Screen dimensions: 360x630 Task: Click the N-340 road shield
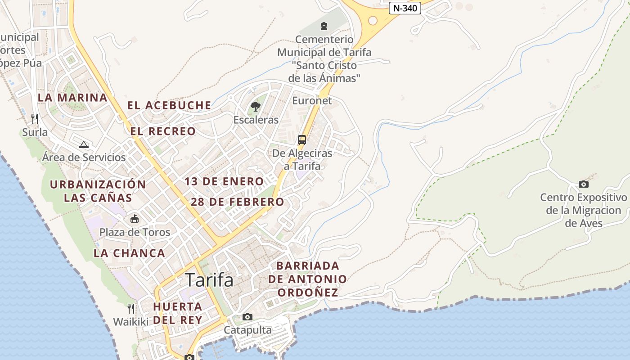click(405, 8)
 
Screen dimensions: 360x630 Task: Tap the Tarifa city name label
click(209, 280)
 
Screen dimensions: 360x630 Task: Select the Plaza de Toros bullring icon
click(134, 219)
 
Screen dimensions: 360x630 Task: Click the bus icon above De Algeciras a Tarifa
click(302, 139)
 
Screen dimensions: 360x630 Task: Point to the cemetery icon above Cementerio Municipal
click(324, 26)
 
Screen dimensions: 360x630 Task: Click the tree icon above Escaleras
click(256, 107)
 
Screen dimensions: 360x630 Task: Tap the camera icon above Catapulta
click(247, 317)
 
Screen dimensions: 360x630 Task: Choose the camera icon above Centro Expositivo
click(584, 184)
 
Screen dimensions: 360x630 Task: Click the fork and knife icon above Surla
click(35, 119)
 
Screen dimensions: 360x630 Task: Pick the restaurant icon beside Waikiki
click(130, 309)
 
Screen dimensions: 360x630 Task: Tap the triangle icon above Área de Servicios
click(83, 144)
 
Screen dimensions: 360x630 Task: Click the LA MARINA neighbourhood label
click(72, 98)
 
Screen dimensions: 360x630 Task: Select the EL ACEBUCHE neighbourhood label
click(169, 105)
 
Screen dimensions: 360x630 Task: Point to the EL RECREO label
click(163, 131)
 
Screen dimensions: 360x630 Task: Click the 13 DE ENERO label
click(224, 182)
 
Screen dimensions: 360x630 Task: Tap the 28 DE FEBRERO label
click(237, 202)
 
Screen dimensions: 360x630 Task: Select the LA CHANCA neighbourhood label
click(130, 253)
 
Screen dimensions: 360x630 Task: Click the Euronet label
click(312, 100)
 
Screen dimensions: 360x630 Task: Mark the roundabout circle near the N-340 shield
click(373, 20)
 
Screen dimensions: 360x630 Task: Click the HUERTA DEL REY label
click(177, 313)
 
